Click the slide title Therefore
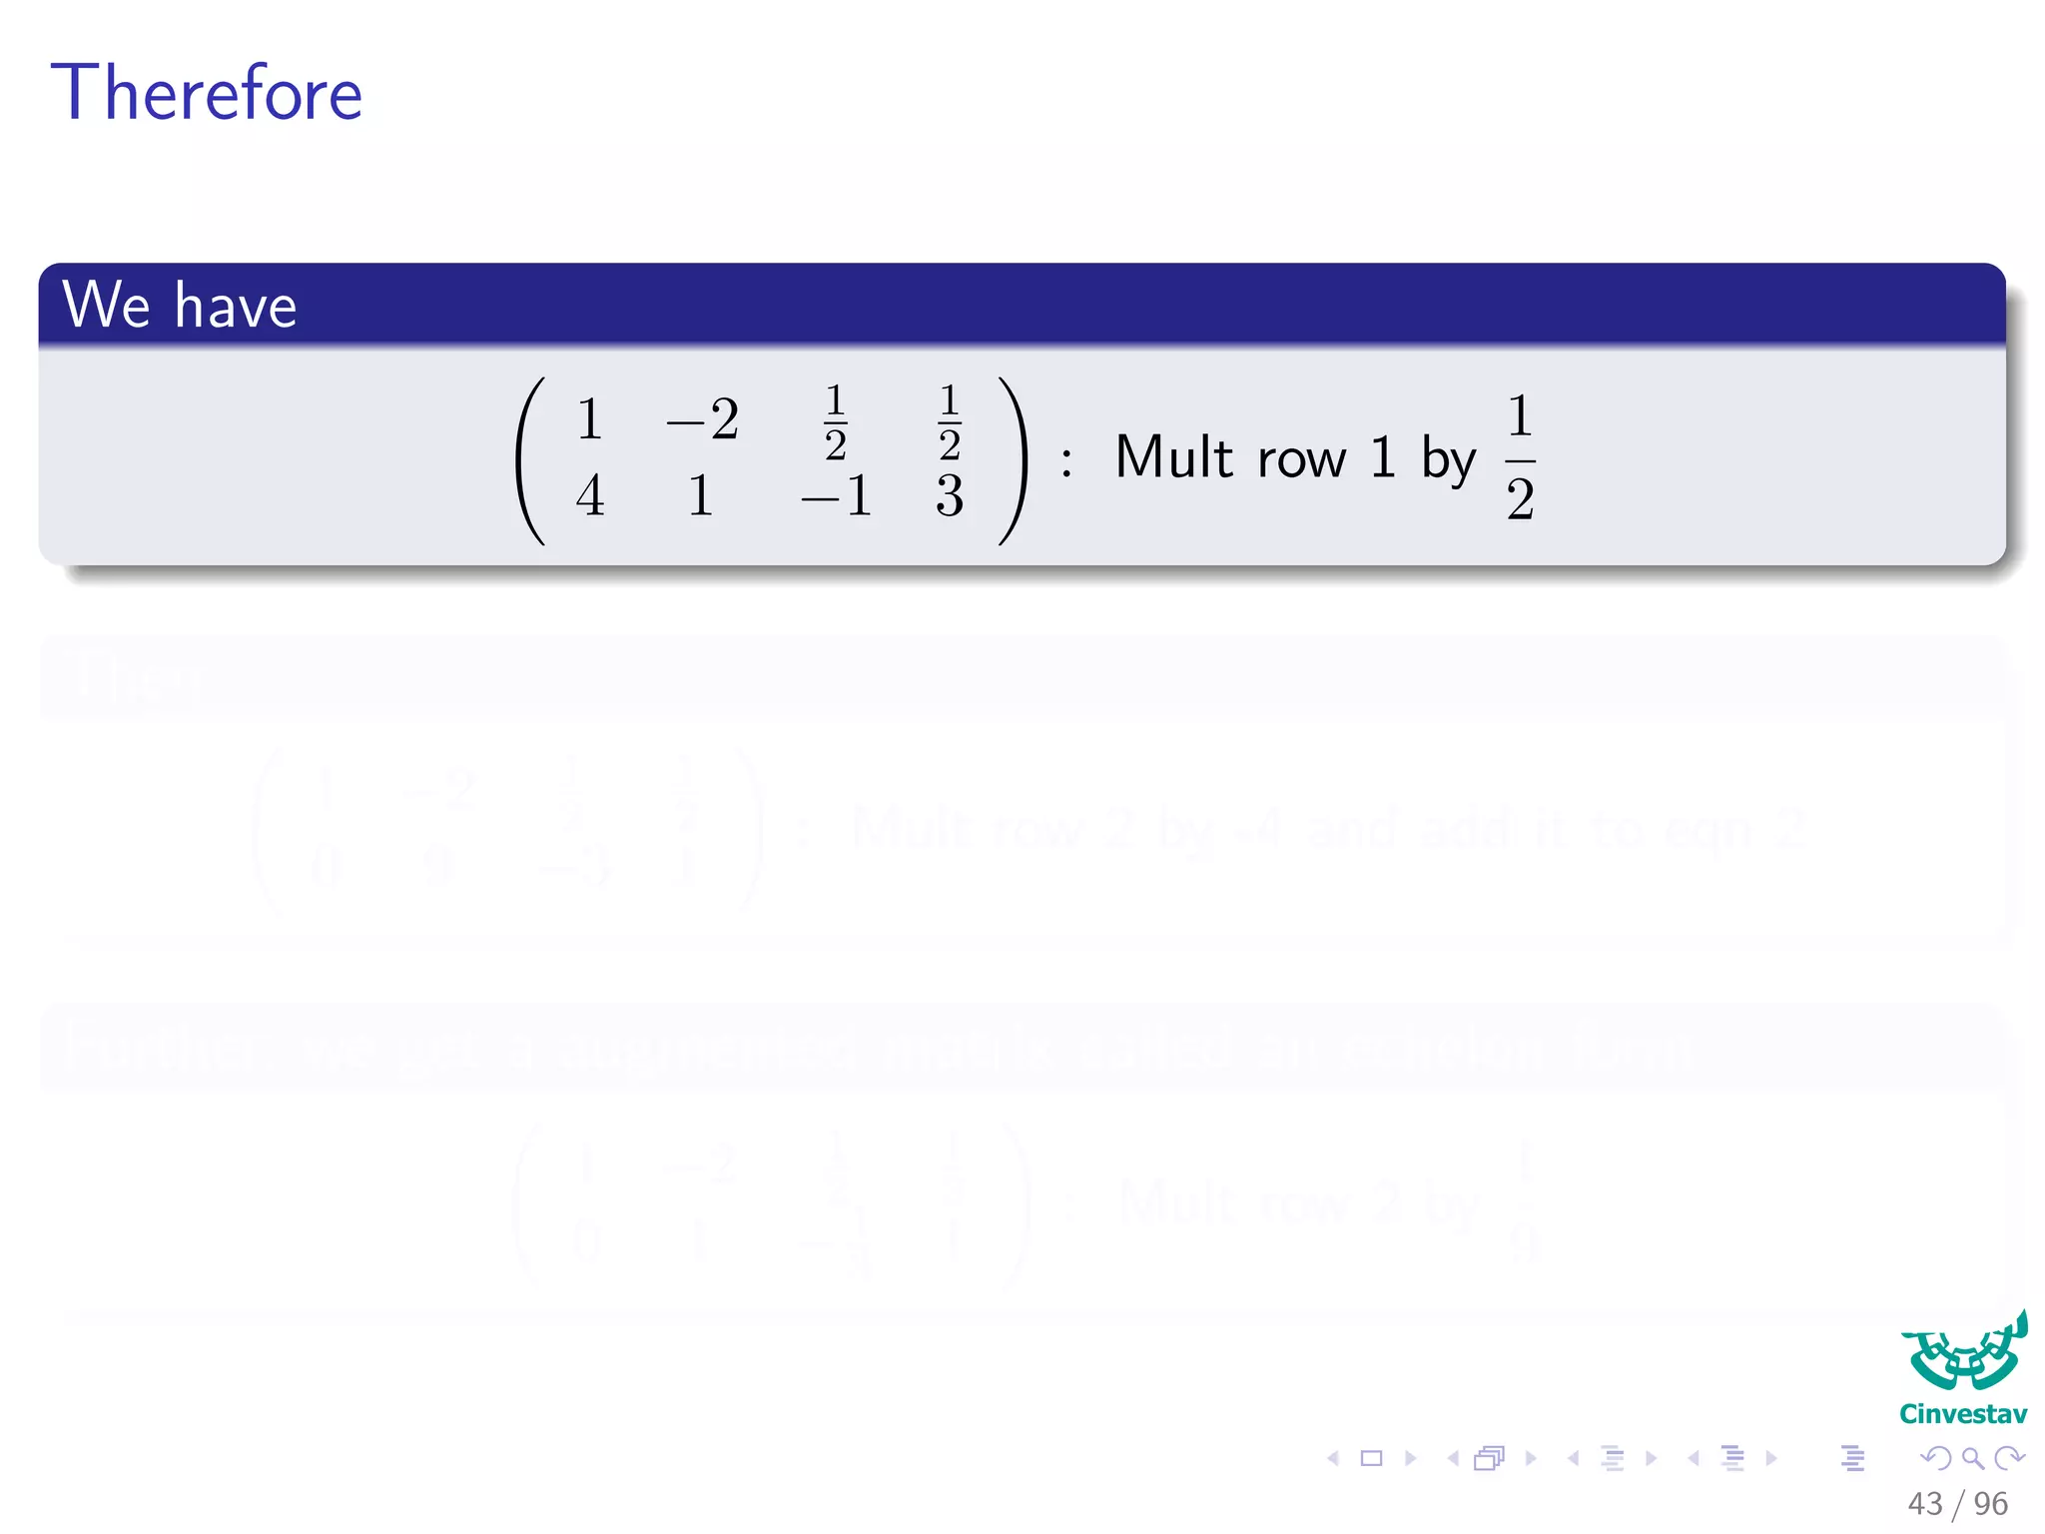[x=207, y=93]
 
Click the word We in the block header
[x=106, y=305]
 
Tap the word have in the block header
[x=236, y=306]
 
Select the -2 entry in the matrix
[x=703, y=419]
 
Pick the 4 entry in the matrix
[x=590, y=495]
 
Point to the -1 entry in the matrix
[x=837, y=495]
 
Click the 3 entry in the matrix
[x=950, y=495]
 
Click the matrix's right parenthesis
[x=1012, y=460]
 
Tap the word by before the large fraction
[x=1448, y=462]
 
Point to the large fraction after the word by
[x=1520, y=457]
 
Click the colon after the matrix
[x=1066, y=462]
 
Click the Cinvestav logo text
[x=1963, y=1414]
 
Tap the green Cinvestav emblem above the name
[x=1964, y=1353]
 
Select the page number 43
[x=1924, y=1503]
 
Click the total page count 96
[x=1991, y=1503]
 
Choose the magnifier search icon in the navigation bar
[x=1972, y=1459]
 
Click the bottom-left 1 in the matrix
[x=701, y=495]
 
